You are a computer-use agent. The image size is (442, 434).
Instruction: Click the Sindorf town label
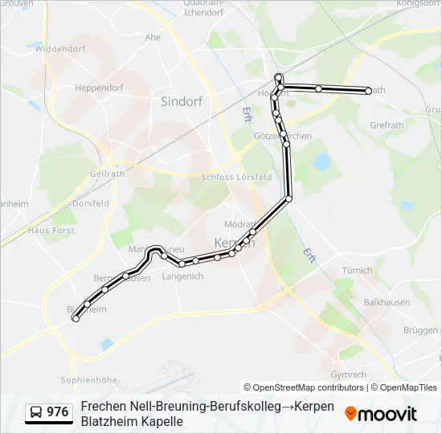click(181, 101)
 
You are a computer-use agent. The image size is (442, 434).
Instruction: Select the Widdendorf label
click(59, 48)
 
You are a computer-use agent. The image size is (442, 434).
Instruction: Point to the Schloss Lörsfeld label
click(236, 177)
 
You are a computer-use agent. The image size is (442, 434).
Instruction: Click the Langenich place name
click(182, 276)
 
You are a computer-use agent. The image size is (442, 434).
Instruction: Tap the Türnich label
click(358, 271)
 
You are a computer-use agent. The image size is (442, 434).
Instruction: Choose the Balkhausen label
click(387, 303)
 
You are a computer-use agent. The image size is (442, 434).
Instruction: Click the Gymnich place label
click(348, 375)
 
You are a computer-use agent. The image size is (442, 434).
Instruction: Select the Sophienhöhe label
click(89, 379)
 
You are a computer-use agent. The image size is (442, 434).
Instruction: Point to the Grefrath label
click(386, 125)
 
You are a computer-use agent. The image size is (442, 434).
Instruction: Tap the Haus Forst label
click(51, 230)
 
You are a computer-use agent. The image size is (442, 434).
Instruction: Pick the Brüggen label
click(420, 330)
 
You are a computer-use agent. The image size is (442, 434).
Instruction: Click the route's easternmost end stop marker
click(368, 91)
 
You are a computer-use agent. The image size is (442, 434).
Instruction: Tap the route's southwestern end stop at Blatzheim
click(76, 319)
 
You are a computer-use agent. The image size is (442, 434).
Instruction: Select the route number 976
click(58, 412)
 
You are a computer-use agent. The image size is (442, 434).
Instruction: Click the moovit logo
click(381, 414)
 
